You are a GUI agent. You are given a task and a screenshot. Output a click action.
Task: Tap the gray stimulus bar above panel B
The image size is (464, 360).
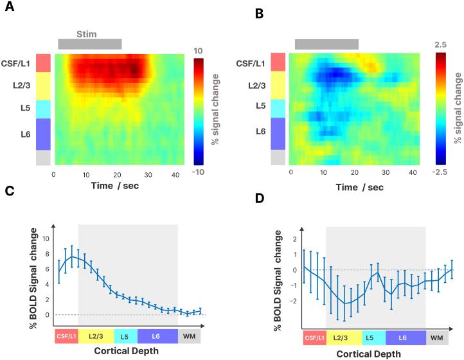pos(326,44)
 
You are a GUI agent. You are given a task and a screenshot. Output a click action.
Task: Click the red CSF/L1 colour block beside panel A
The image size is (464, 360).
pos(42,63)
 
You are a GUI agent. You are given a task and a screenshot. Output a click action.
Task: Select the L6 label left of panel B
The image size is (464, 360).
pos(260,114)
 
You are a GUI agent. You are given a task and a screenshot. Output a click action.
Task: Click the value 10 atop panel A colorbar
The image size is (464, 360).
pos(198,51)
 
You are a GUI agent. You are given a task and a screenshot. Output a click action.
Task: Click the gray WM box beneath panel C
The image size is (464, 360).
pos(189,336)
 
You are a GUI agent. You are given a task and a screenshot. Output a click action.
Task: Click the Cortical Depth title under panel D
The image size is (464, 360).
pos(370,352)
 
